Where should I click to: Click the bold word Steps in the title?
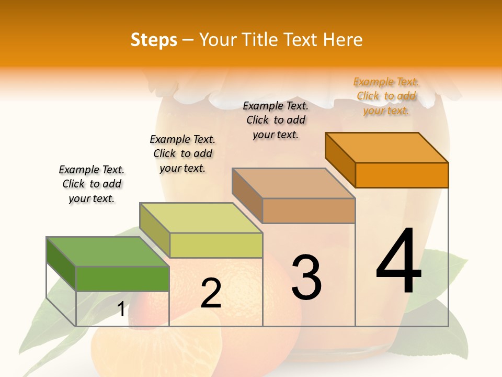pos(154,40)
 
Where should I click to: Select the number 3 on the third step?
pos(306,277)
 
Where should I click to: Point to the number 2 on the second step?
pos(211,293)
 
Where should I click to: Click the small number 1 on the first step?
pos(121,309)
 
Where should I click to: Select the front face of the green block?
pos(122,279)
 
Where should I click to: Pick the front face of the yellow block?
pos(216,245)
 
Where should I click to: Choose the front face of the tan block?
pos(309,210)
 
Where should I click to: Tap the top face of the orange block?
pos(387,147)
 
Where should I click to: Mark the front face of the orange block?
pos(402,175)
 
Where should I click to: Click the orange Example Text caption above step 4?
pos(386,96)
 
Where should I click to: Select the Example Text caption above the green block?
pos(92,184)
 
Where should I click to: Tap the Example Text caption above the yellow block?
pos(182,153)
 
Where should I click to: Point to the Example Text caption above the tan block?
pos(276,120)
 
